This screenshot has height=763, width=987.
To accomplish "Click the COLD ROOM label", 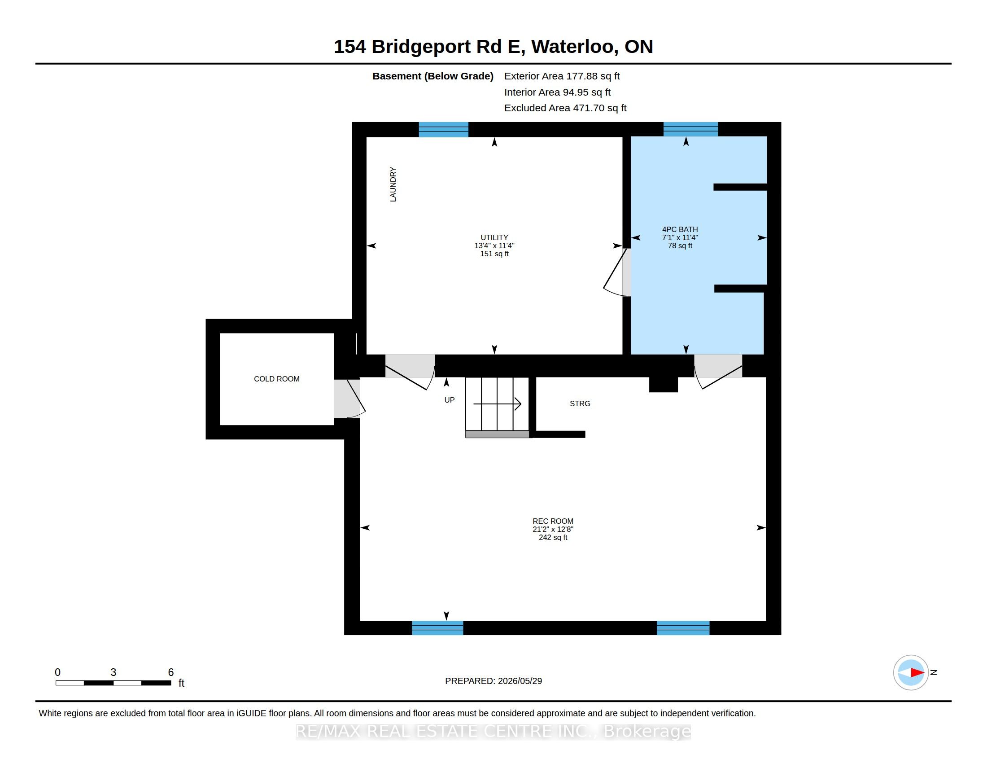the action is [x=276, y=379].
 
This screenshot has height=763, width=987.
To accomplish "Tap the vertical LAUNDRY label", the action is [x=393, y=184].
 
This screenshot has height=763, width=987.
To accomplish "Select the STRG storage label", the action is [x=580, y=403].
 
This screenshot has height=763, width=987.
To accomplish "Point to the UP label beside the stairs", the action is [x=449, y=400].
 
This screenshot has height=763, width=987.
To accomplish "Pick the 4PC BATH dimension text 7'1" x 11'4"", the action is [x=680, y=237].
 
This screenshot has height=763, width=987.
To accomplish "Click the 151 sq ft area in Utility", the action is [x=494, y=254].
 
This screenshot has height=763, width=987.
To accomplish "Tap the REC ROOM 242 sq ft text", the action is [x=553, y=537].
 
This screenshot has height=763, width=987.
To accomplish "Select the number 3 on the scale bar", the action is [x=114, y=672].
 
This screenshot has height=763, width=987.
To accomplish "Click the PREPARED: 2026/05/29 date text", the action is [x=493, y=681].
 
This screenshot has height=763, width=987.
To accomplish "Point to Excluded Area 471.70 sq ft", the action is [x=565, y=108].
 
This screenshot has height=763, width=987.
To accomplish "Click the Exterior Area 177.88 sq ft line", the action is [x=562, y=76].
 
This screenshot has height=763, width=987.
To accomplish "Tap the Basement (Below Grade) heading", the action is [x=432, y=76].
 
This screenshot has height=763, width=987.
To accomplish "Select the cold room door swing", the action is [x=349, y=398].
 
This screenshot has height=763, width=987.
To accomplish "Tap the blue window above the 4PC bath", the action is [x=690, y=129].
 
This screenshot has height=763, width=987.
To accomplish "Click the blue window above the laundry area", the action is [x=443, y=129].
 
